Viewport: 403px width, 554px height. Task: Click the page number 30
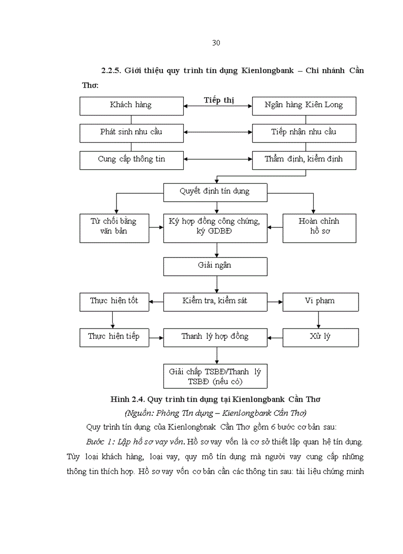(216, 43)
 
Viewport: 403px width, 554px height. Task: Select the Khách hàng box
(131, 105)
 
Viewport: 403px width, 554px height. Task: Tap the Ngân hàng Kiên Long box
(304, 105)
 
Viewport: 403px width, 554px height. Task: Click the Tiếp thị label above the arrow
(219, 100)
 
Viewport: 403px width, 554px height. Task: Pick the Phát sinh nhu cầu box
(131, 132)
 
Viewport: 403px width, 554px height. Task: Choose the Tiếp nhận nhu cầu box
(304, 132)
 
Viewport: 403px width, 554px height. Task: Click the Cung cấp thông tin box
(131, 159)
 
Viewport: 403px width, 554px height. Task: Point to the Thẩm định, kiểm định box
(304, 159)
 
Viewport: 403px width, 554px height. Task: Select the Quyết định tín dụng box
(215, 191)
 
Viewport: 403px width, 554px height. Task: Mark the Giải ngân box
(215, 266)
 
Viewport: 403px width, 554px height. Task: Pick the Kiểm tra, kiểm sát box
(215, 301)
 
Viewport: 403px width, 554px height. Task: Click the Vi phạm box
(320, 301)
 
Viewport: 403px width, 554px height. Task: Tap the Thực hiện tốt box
(115, 301)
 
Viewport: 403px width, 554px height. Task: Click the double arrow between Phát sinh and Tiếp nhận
(218, 132)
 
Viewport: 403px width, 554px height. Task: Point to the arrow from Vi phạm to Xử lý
(319, 320)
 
